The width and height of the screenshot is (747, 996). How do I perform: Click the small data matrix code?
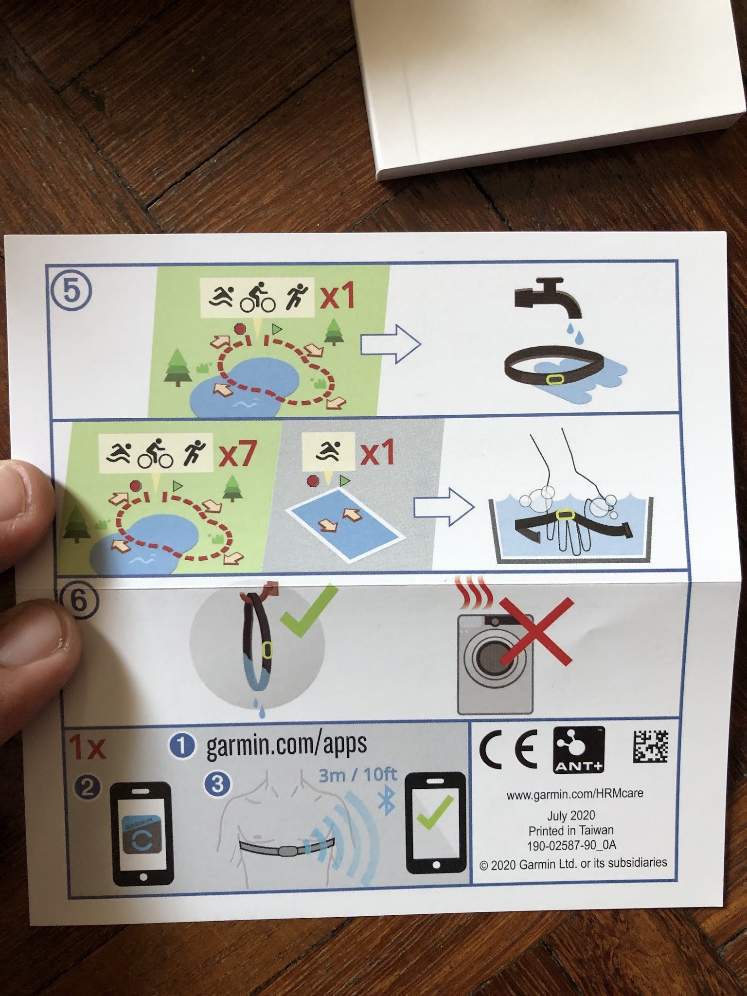point(650,747)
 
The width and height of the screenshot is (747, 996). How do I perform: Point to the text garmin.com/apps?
point(286,745)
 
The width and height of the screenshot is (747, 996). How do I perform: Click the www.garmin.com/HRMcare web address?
point(575,794)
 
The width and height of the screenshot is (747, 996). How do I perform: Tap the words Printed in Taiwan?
point(571,830)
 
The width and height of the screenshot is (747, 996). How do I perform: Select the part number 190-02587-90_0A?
point(571,845)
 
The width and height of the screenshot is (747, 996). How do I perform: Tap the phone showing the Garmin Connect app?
point(142,833)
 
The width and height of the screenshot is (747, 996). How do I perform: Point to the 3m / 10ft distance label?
point(357,775)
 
